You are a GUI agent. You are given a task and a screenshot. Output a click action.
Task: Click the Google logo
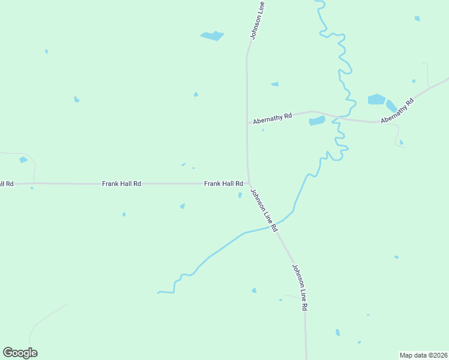[x=20, y=353]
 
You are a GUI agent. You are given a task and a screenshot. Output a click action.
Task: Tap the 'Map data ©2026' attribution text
[x=423, y=355]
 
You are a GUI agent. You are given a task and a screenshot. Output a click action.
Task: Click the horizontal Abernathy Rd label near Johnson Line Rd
[x=272, y=118]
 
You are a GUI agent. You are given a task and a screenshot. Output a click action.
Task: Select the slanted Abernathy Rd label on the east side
[x=397, y=111]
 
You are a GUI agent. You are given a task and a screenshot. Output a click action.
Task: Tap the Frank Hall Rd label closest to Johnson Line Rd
[x=223, y=184]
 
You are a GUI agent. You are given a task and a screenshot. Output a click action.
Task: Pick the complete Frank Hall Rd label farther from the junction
[x=121, y=184]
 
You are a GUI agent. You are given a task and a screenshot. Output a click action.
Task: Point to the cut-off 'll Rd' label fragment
[x=7, y=184]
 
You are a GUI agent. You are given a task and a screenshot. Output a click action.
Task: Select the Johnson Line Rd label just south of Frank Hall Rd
[x=264, y=211]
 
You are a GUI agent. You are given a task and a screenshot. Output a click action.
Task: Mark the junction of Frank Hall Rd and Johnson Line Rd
[x=248, y=184]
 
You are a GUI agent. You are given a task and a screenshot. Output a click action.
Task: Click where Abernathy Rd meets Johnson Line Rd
[x=247, y=122]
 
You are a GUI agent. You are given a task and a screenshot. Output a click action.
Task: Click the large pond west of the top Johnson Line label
[x=212, y=36]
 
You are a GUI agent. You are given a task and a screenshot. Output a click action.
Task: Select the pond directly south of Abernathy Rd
[x=316, y=121]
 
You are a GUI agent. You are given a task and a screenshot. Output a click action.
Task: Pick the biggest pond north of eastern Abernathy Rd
[x=376, y=99]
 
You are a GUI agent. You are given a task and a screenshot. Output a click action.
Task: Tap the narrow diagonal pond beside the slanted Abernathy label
[x=391, y=106]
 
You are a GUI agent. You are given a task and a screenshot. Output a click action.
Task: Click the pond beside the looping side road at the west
[x=23, y=160]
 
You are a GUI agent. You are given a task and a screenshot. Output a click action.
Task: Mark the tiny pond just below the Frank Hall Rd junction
[x=240, y=195]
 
